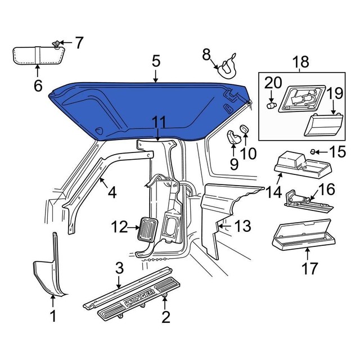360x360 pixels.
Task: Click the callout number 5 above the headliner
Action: (x=156, y=60)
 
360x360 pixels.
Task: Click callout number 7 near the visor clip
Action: (x=79, y=42)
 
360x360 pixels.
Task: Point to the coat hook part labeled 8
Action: (x=226, y=67)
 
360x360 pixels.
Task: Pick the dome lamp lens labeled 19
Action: (x=324, y=124)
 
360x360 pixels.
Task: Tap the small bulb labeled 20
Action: (x=270, y=105)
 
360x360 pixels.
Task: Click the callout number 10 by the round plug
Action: (x=248, y=153)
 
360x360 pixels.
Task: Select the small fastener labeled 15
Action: (x=314, y=151)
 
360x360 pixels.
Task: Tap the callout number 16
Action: (x=327, y=190)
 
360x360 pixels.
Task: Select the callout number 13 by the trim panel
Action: (x=242, y=227)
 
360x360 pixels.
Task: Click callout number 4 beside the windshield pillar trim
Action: (x=112, y=192)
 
